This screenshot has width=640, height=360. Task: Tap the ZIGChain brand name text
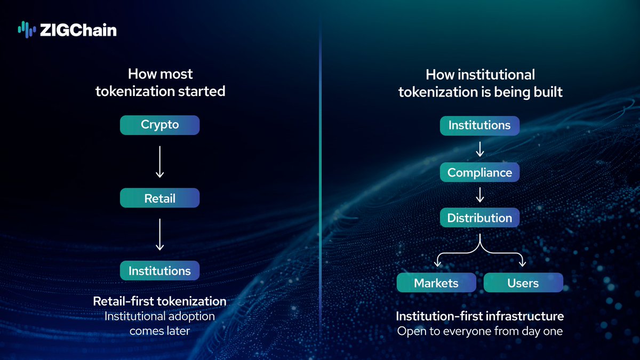78,30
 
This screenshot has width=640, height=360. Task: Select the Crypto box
160,125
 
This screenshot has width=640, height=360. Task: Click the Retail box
160,198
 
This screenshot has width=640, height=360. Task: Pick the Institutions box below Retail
160,270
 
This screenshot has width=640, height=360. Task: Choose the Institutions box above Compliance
479,125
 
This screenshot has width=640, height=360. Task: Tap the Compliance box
479,172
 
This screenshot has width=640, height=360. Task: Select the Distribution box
479,218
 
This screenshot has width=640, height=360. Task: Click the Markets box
437,283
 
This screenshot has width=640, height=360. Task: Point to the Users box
523,283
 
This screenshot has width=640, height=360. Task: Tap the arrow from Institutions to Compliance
479,149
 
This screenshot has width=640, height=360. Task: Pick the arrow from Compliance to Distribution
479,195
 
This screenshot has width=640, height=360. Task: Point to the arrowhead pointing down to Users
523,263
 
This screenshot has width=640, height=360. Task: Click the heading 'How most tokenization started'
160,82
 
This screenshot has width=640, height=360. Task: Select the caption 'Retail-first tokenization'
160,301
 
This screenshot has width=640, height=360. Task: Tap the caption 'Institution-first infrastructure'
479,316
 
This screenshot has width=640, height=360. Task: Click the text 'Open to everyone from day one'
479,331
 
